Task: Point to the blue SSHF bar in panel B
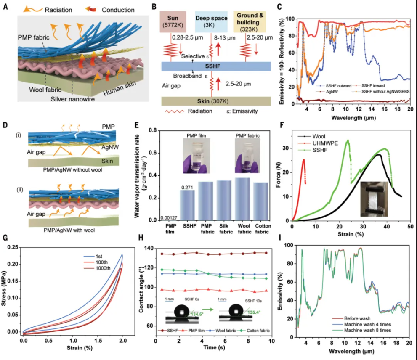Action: point(216,66)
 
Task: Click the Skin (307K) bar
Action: point(216,101)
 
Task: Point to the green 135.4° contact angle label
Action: point(244,312)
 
